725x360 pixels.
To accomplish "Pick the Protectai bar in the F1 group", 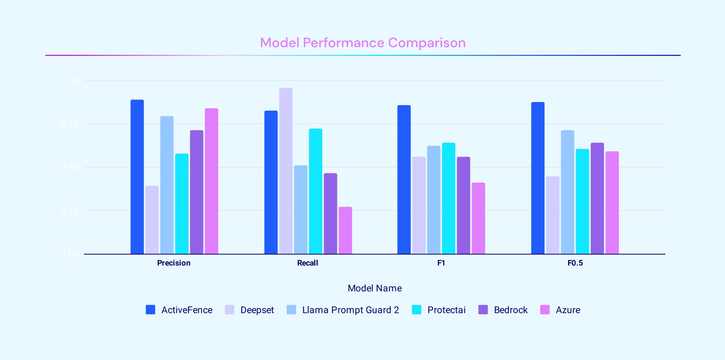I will coord(448,198).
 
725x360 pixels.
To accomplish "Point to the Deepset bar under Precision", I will coord(152,220).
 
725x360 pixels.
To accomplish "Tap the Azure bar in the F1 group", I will coord(478,218).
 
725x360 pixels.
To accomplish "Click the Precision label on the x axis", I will coord(174,263).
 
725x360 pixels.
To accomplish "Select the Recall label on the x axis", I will coord(307,263).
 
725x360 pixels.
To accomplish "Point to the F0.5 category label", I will coord(575,263).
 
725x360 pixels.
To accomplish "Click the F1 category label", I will coord(441,263).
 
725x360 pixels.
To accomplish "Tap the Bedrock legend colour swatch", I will coord(483,310).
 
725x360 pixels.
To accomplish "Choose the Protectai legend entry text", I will coord(446,310).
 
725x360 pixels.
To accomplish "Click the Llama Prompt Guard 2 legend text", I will coord(350,310).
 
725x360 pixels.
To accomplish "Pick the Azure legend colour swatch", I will coord(545,310).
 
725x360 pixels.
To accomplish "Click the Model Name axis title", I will coord(375,288).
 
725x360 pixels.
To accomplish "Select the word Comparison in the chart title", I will coord(427,43).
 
